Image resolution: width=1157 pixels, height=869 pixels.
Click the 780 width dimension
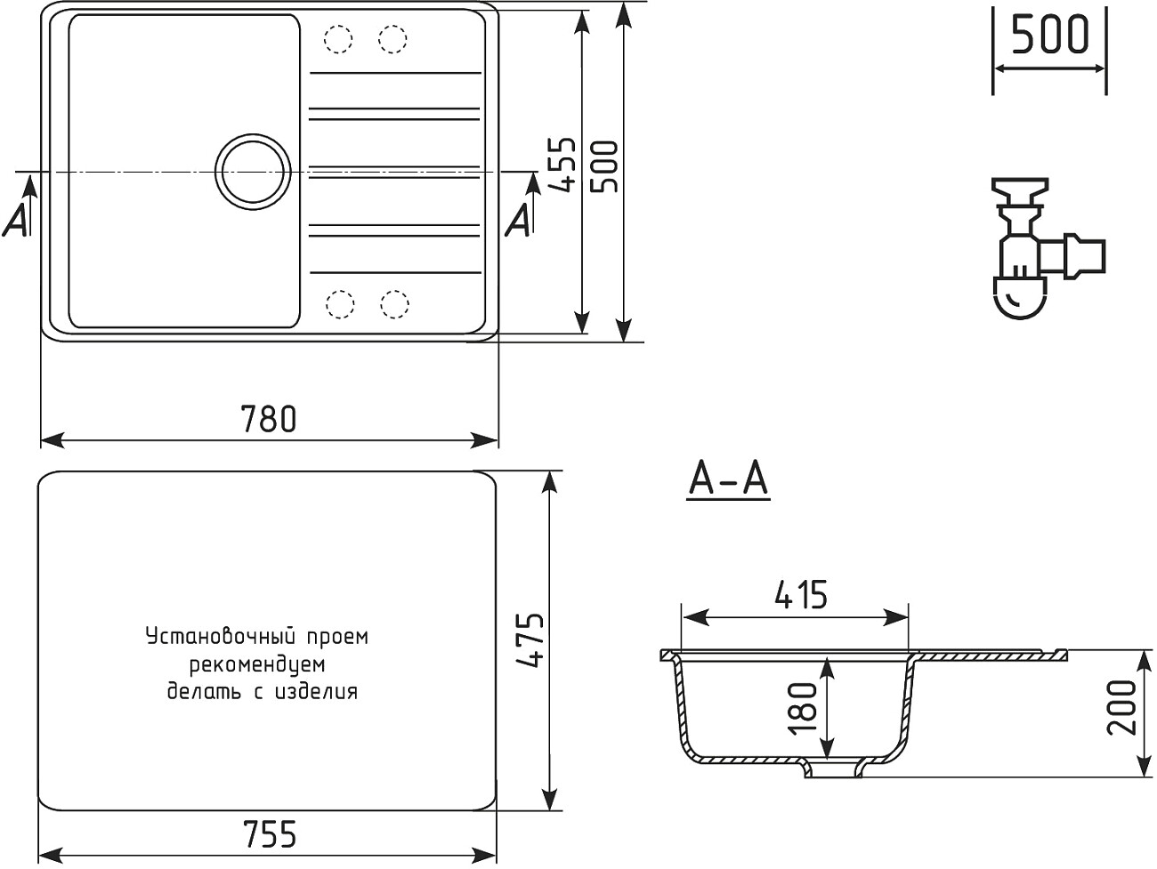coord(269,418)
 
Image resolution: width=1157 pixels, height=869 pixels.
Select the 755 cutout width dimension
coord(269,834)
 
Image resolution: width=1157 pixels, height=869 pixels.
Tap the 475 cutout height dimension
coord(530,640)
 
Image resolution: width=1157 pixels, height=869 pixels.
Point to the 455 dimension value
coord(562,165)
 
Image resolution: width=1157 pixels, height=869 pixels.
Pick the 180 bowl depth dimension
coord(805,707)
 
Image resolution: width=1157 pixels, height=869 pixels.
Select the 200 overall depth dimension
coord(1123,707)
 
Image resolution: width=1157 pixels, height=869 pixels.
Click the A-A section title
coord(728,481)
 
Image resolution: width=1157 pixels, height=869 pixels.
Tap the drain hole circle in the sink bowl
coord(254,170)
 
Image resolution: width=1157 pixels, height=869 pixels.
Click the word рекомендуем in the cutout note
coord(257,664)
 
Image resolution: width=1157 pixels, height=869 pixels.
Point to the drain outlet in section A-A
coord(834,768)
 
